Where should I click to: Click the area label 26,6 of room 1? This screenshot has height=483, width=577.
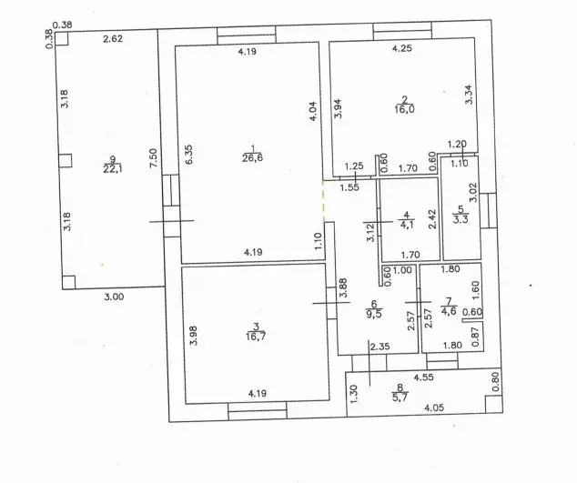click(x=252, y=158)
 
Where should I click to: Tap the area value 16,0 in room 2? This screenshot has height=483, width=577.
click(x=404, y=109)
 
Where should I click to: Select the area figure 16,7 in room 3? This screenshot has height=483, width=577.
click(x=257, y=337)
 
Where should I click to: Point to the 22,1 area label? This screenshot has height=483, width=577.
click(x=113, y=169)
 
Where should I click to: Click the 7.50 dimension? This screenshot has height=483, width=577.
click(x=154, y=157)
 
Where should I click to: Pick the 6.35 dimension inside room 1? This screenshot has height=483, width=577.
click(x=188, y=155)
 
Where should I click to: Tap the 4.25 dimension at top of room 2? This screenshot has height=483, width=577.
click(x=402, y=48)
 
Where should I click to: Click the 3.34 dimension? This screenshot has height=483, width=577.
click(x=469, y=95)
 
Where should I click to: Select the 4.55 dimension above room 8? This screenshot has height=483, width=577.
click(x=423, y=377)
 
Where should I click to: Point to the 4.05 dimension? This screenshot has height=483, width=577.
click(x=434, y=408)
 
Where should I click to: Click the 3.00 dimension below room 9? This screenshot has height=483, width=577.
click(x=114, y=297)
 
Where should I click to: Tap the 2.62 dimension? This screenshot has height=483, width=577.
click(x=113, y=38)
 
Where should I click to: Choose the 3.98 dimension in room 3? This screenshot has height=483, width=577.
click(x=194, y=336)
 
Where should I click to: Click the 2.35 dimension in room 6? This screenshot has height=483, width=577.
click(x=380, y=347)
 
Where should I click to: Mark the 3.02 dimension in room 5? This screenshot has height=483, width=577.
click(x=473, y=193)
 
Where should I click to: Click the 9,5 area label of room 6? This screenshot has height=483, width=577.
click(x=374, y=314)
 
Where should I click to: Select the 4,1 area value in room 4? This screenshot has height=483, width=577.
click(x=406, y=224)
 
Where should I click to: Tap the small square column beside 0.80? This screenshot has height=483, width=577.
click(x=494, y=404)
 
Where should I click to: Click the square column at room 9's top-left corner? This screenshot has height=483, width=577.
click(x=62, y=38)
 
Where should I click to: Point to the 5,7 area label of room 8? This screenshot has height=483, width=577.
click(x=400, y=397)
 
